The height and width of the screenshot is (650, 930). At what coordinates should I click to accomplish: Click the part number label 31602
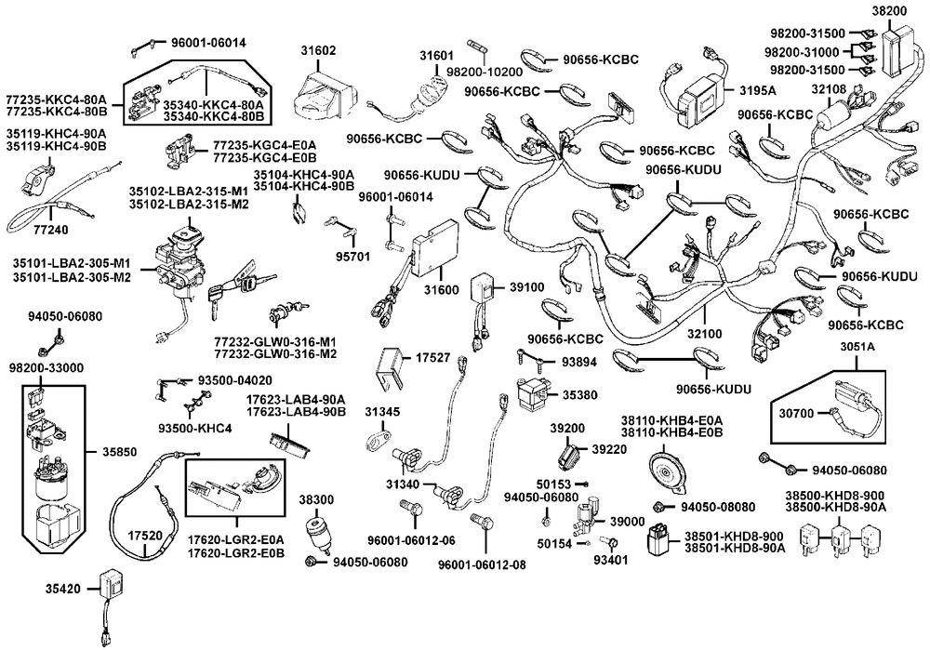click(318, 50)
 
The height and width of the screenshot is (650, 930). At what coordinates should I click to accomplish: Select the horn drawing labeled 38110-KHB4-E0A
click(670, 468)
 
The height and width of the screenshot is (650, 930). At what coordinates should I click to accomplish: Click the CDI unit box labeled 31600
click(435, 246)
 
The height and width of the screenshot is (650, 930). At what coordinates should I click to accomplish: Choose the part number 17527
click(432, 356)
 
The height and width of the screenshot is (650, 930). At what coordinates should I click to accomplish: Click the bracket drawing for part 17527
click(391, 369)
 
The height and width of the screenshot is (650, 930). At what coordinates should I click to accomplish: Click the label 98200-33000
click(46, 368)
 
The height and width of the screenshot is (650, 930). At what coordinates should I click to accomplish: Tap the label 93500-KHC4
click(195, 428)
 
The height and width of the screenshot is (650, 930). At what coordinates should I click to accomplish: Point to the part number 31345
click(382, 410)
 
